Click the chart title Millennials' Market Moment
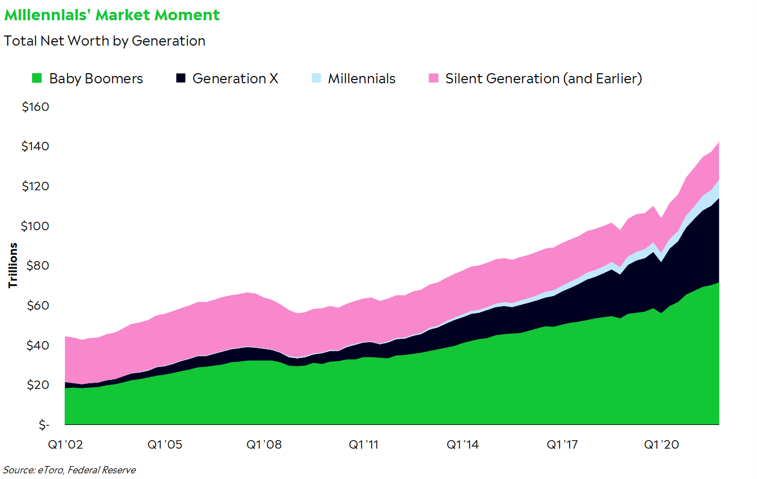[x=112, y=15]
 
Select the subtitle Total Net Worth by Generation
[x=105, y=41]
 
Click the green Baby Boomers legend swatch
[x=37, y=79]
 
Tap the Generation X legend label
[x=235, y=79]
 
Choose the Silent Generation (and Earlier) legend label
[x=543, y=79]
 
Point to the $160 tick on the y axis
[x=35, y=107]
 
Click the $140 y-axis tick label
[x=35, y=147]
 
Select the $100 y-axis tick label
[x=35, y=226]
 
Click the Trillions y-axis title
[x=12, y=265]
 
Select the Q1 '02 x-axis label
[x=66, y=445]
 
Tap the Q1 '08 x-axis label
[x=265, y=445]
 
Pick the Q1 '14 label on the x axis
[x=463, y=445]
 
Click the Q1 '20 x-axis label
[x=661, y=445]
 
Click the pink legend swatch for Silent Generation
[x=433, y=79]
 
